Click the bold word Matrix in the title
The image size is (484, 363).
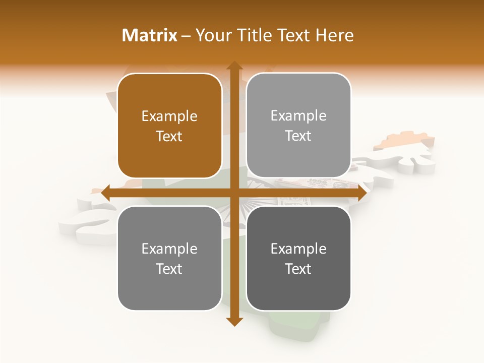point(150,35)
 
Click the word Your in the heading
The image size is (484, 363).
point(212,35)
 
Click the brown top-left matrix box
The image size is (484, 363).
point(169,126)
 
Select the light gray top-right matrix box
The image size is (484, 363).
point(298,126)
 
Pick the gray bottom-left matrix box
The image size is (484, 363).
point(169,258)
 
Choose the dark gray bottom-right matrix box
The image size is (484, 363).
point(298,258)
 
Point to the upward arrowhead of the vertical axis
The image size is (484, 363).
point(234,66)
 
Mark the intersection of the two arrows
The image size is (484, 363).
point(234,193)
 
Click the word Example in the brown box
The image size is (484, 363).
point(169,116)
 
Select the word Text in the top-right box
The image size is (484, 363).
point(298,136)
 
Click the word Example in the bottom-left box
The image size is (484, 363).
point(169,249)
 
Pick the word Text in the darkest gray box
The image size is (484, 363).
point(298,269)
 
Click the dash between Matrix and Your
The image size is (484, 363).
point(186,35)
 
